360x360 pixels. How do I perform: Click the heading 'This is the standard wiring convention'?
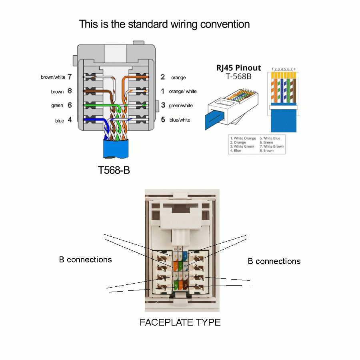pyautogui.click(x=164, y=24)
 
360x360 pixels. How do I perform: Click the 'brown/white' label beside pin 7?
pyautogui.click(x=53, y=77)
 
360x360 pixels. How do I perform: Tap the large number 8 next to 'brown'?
pyautogui.click(x=70, y=91)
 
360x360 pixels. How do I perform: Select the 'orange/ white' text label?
pyautogui.click(x=183, y=92)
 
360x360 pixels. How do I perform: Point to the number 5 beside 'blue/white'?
pyautogui.click(x=163, y=119)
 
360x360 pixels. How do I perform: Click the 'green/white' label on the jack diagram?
pyautogui.click(x=181, y=106)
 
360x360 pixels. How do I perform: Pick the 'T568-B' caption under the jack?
pyautogui.click(x=114, y=170)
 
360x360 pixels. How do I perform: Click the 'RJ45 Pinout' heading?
pyautogui.click(x=238, y=68)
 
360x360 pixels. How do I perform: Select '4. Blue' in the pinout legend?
pyautogui.click(x=236, y=151)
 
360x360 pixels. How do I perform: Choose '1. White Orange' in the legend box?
pyautogui.click(x=243, y=138)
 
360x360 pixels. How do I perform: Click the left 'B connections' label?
pyautogui.click(x=85, y=260)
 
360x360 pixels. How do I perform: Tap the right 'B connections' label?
pyautogui.click(x=274, y=261)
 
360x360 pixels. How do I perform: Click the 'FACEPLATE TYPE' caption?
pyautogui.click(x=180, y=322)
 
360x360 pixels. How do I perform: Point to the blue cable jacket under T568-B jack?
pyautogui.click(x=116, y=149)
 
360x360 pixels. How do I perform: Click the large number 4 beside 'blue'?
pyautogui.click(x=70, y=120)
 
